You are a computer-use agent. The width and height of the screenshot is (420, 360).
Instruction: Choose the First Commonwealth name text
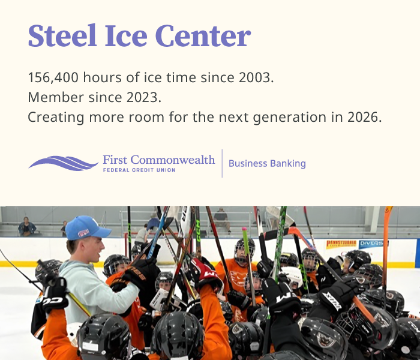tap(158, 160)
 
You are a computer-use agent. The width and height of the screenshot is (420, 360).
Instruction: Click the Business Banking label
tap(267, 163)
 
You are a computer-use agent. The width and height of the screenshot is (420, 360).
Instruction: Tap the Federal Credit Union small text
tap(139, 170)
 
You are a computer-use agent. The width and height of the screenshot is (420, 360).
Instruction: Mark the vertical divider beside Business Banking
tap(222, 163)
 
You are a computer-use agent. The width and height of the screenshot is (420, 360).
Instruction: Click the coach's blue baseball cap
tap(86, 228)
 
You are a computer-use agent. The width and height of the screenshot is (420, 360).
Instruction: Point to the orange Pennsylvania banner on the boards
tap(341, 244)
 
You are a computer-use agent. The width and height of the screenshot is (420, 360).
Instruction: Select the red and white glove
tap(204, 274)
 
